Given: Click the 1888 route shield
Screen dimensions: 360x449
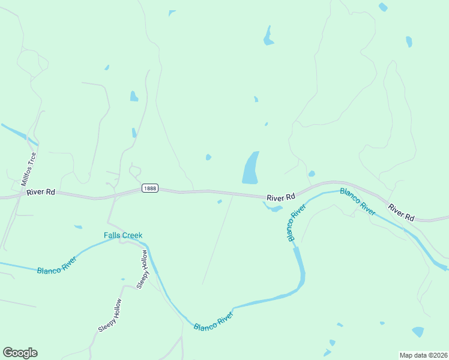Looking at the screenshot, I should coord(150,188).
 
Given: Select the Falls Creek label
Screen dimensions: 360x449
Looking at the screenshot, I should coord(123,235).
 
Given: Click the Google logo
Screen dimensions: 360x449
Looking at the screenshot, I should coord(20,353).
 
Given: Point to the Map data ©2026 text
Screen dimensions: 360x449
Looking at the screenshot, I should coord(423,355).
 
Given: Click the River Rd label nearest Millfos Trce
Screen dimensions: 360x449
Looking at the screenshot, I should coord(41,192).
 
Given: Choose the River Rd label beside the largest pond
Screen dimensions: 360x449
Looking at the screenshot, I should coord(281,197).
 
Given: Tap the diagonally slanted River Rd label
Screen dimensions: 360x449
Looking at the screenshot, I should coord(401,212).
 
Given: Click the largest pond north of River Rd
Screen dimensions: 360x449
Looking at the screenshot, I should coord(251,168).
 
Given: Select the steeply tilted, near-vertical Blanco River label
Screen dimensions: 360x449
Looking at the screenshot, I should coord(296,223).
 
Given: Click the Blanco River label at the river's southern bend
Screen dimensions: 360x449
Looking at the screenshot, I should coord(213,320).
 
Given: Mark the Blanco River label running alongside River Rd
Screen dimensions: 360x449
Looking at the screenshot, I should coord(358,202).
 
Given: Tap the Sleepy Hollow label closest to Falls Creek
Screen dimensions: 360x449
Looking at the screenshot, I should coord(142,269).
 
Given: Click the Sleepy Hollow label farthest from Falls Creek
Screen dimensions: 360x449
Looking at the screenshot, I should coord(110,316).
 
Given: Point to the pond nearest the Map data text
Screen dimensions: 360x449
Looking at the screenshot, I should coord(418,332).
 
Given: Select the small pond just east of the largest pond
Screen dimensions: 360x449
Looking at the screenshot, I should coord(312,174).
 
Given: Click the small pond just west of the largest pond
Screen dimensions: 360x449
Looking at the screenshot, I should coord(208,157).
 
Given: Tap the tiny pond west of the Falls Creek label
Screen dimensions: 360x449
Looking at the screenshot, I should coord(78,227).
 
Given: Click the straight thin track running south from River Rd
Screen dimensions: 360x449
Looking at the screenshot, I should coord(217,240).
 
